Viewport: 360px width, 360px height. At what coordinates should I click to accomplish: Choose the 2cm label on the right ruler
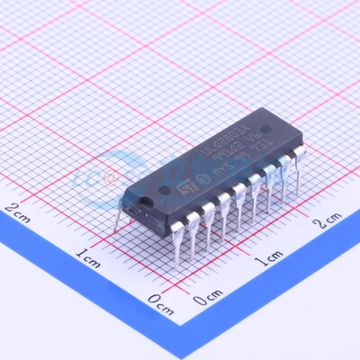click(326, 220)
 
